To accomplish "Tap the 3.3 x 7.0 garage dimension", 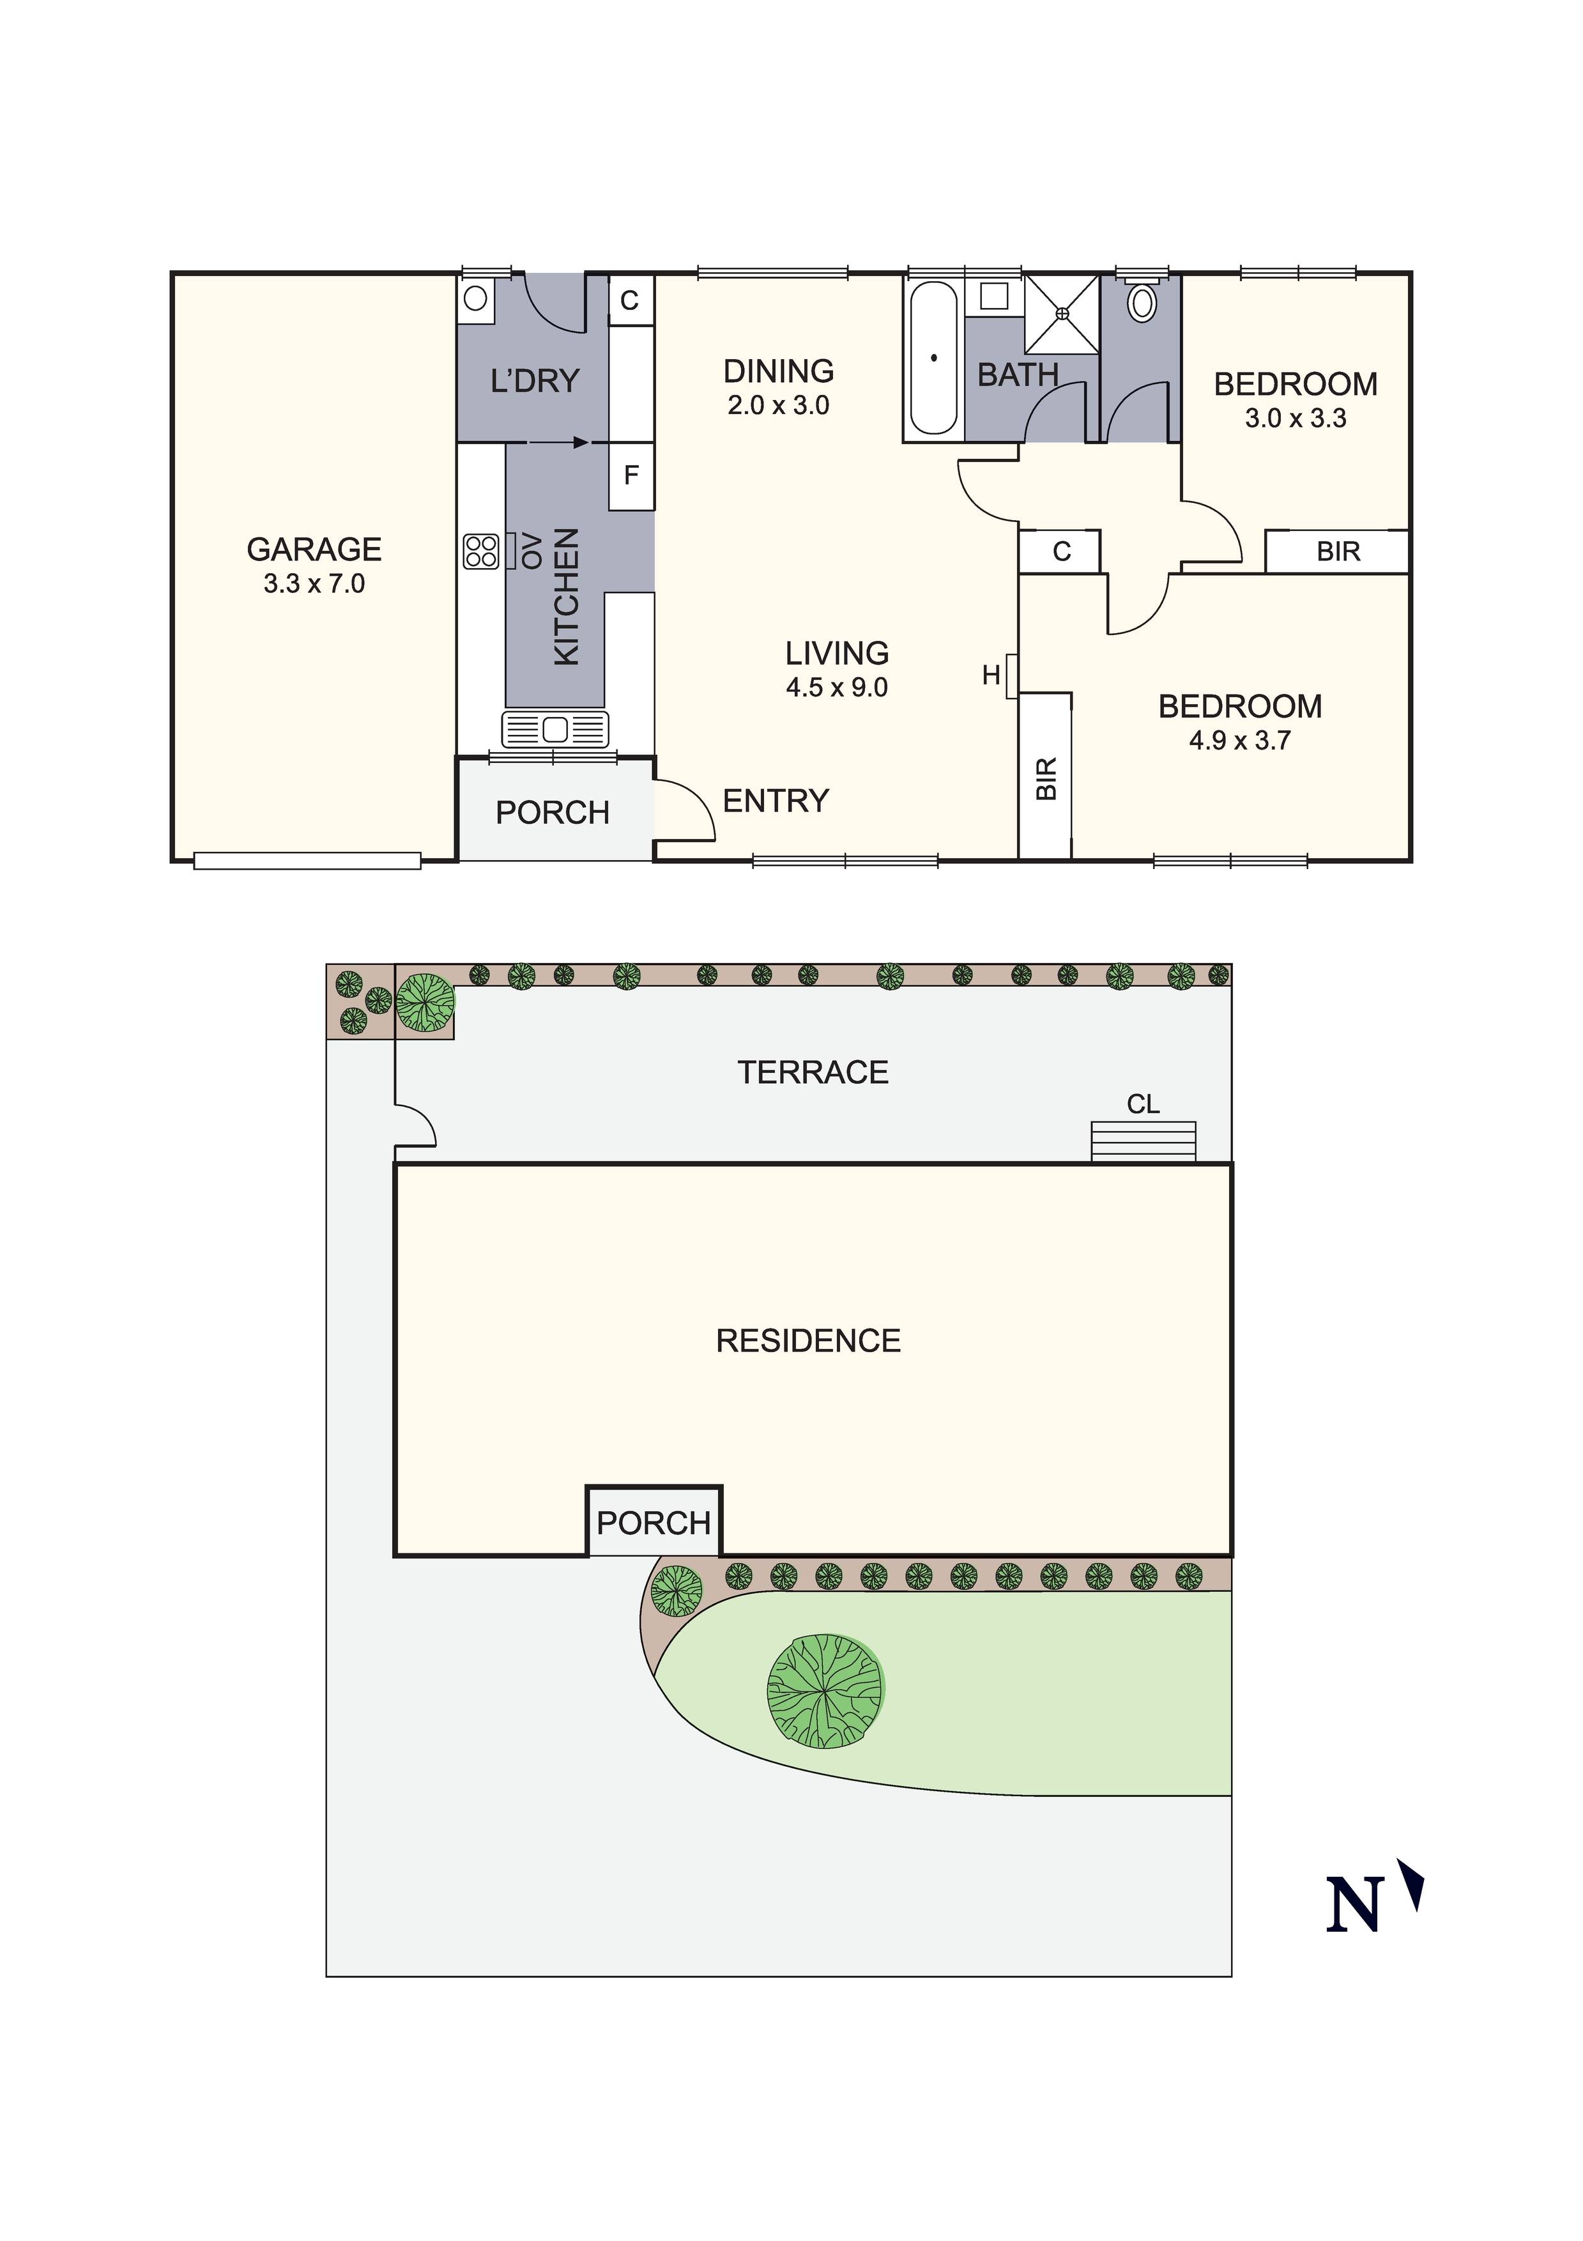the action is click(314, 583).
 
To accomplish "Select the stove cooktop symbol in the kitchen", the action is click(480, 550).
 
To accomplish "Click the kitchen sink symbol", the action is click(554, 729).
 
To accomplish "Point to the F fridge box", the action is click(631, 475).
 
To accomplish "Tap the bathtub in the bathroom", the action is click(934, 358).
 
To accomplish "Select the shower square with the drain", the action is click(1062, 313).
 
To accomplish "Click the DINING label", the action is click(778, 371).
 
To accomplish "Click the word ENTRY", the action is click(776, 801).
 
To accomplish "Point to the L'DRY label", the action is click(535, 381).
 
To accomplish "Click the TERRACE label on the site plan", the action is click(813, 1073).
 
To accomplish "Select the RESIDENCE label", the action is click(808, 1341).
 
